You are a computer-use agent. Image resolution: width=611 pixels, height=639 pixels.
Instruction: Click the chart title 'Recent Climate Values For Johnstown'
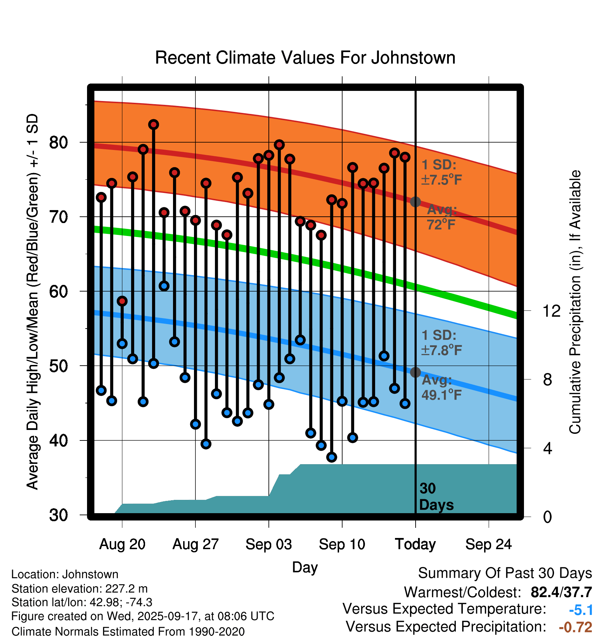[305, 58]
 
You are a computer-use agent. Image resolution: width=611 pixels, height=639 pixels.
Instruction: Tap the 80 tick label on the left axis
[59, 143]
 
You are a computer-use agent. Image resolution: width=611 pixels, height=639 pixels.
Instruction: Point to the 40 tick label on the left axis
[59, 440]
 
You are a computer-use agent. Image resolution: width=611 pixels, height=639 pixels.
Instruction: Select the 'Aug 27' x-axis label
[195, 544]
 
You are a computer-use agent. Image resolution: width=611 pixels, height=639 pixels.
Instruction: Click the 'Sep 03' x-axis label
[268, 544]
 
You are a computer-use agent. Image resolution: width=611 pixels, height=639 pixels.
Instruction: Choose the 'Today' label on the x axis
[415, 544]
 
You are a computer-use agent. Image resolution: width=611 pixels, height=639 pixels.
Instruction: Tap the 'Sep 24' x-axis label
[488, 544]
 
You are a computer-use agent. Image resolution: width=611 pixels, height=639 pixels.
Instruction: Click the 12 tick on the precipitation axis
[551, 311]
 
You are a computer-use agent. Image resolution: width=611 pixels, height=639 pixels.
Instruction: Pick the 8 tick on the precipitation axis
[547, 380]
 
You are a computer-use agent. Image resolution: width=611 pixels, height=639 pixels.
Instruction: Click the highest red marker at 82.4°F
[153, 124]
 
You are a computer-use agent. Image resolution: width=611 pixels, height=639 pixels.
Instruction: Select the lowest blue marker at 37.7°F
[332, 457]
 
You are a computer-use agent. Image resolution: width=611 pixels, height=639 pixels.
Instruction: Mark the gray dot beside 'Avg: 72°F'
[415, 202]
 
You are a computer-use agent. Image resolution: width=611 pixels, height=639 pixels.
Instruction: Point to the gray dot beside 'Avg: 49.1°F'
[415, 372]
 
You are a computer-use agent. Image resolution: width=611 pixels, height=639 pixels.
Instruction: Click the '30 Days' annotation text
[436, 497]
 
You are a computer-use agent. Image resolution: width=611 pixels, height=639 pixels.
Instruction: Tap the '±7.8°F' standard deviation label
[441, 350]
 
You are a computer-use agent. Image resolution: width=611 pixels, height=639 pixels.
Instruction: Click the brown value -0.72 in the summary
[575, 627]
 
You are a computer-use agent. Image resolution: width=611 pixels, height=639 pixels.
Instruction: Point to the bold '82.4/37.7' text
[561, 592]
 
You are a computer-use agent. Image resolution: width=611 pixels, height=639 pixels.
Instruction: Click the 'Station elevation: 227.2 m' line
[79, 589]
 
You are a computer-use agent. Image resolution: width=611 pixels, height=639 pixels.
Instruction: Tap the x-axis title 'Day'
[305, 567]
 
